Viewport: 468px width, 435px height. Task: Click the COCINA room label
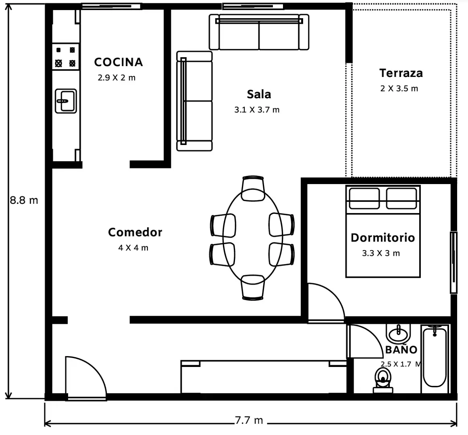[119, 62]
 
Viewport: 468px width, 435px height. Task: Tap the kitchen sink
[66, 101]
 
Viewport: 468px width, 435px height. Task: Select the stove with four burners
[66, 57]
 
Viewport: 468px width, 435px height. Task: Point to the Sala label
[259, 94]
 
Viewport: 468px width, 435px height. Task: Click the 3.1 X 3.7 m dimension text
[257, 110]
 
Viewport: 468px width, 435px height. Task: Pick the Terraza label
[401, 73]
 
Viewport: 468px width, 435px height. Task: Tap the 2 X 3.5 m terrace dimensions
[399, 89]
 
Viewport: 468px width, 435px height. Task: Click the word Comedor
[135, 232]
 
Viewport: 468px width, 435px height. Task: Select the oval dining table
[253, 237]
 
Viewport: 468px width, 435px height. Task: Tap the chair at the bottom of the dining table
[253, 288]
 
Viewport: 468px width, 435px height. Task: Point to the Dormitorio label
[383, 238]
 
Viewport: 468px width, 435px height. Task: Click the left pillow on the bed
[364, 198]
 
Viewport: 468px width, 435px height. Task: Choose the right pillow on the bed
[401, 198]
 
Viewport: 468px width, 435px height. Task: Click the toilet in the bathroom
[383, 380]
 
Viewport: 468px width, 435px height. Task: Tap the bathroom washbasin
[398, 333]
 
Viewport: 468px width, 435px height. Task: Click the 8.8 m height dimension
[24, 200]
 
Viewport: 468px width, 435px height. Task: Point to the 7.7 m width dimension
[249, 420]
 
